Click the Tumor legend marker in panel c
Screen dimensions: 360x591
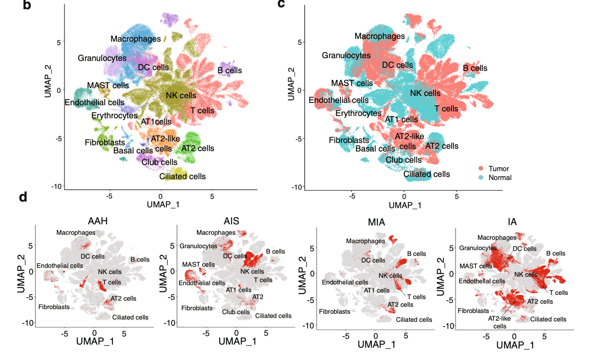pyautogui.click(x=481, y=168)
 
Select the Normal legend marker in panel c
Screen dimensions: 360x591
pyautogui.click(x=481, y=178)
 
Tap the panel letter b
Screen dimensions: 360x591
pyautogui.click(x=27, y=5)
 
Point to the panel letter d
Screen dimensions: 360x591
pyautogui.click(x=23, y=197)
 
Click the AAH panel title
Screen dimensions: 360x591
pyautogui.click(x=98, y=221)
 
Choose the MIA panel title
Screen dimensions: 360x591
pyautogui.click(x=376, y=222)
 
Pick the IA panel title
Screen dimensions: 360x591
pyautogui.click(x=512, y=222)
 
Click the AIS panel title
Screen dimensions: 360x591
pyautogui.click(x=232, y=221)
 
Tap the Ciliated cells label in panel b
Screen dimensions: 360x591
pyautogui.click(x=183, y=177)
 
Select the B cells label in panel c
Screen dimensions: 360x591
pyautogui.click(x=475, y=68)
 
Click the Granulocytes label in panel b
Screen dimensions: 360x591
pyautogui.click(x=102, y=58)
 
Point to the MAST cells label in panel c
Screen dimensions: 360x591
pyautogui.click(x=352, y=83)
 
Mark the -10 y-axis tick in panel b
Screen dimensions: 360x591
pyautogui.click(x=57, y=187)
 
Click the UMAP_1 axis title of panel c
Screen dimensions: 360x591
pyautogui.click(x=405, y=205)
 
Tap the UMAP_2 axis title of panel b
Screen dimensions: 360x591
pyautogui.click(x=48, y=81)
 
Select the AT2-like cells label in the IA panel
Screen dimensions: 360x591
pyautogui.click(x=500, y=322)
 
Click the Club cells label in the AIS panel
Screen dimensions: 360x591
pyautogui.click(x=236, y=312)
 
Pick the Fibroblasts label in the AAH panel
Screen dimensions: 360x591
pyautogui.click(x=54, y=307)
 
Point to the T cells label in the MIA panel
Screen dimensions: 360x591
pyautogui.click(x=416, y=297)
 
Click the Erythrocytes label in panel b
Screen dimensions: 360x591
pyautogui.click(x=114, y=116)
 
